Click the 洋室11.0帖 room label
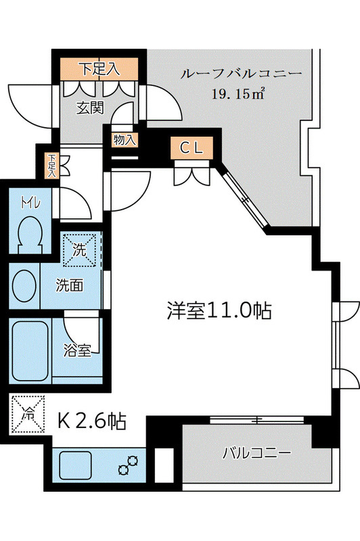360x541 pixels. tap(219, 310)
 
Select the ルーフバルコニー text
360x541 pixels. tap(240, 74)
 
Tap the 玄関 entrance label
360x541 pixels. tap(89, 106)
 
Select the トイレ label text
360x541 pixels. tap(28, 204)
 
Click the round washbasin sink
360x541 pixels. tap(25, 284)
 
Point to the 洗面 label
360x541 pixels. tap(70, 285)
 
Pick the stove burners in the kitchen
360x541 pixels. tap(127, 465)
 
